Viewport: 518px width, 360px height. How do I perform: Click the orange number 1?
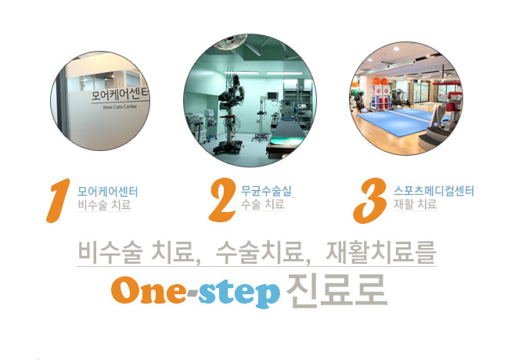tap(59, 200)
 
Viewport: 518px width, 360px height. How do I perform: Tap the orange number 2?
tap(223, 200)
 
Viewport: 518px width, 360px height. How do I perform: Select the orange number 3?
tap(370, 200)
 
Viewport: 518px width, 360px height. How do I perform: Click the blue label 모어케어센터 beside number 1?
tap(108, 192)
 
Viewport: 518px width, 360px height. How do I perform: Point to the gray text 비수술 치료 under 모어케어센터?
tap(104, 205)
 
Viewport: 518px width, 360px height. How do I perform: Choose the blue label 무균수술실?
tap(267, 191)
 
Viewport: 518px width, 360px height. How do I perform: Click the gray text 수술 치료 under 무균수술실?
tap(263, 203)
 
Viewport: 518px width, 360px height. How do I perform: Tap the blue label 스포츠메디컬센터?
tap(433, 191)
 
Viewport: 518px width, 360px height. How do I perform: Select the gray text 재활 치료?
tap(415, 204)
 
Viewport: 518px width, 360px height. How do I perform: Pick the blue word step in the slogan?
tap(239, 293)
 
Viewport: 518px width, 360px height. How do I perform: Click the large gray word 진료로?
tap(336, 290)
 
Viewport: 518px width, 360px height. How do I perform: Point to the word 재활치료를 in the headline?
tap(381, 253)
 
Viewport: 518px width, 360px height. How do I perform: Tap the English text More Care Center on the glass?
tap(120, 107)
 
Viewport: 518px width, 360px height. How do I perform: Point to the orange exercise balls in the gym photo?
tap(380, 81)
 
